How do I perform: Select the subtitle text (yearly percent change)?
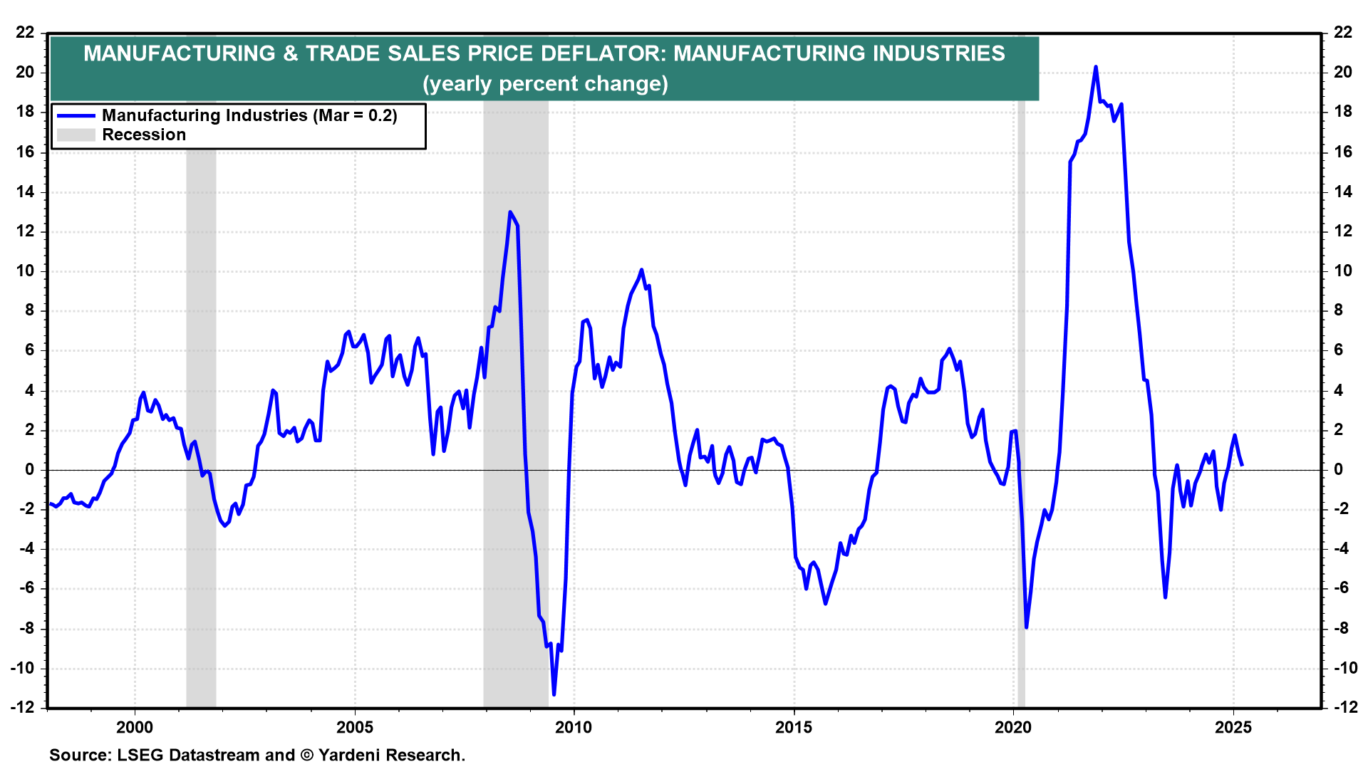click(545, 84)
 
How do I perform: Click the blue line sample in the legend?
click(76, 115)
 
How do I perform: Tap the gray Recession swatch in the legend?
click(76, 135)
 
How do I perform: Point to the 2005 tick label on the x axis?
click(354, 727)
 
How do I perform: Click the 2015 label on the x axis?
click(794, 727)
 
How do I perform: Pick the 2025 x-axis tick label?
click(1233, 727)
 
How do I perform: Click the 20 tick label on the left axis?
click(25, 72)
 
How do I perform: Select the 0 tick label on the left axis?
click(29, 469)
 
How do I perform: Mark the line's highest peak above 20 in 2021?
click(1096, 67)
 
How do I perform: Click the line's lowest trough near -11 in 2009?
click(554, 694)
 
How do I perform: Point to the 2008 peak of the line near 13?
click(510, 211)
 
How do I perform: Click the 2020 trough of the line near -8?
click(1026, 627)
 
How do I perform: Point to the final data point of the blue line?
click(1242, 465)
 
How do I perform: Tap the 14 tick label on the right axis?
click(1342, 192)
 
